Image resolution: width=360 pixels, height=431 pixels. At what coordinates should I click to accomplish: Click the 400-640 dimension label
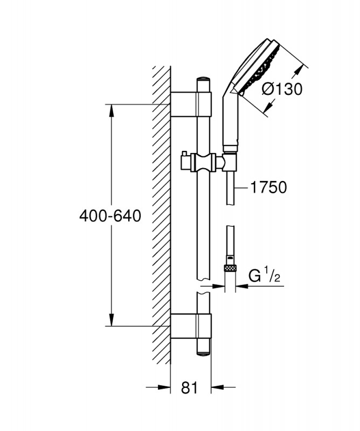[110, 216]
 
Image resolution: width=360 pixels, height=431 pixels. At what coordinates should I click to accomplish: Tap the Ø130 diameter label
[282, 89]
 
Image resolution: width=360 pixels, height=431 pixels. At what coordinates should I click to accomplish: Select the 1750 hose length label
[269, 187]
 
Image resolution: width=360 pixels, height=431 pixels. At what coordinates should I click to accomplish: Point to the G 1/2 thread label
[264, 276]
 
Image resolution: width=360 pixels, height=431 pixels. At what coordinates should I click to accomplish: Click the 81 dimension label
[190, 388]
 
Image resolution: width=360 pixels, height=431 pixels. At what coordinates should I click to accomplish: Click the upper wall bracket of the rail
[191, 104]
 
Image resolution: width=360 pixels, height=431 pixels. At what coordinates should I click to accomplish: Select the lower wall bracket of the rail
[191, 326]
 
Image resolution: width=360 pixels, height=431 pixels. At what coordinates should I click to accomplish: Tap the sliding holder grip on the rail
[204, 163]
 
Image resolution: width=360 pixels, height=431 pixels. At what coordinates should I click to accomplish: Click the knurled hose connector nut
[231, 268]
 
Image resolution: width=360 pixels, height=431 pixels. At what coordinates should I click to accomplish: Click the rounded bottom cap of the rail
[204, 353]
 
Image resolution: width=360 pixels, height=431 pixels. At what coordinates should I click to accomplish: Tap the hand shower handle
[231, 121]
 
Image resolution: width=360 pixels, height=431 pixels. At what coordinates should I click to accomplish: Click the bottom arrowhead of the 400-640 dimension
[112, 319]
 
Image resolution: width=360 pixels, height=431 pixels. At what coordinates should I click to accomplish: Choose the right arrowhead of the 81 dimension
[218, 387]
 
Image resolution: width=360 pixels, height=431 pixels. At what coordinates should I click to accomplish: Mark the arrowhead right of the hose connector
[243, 286]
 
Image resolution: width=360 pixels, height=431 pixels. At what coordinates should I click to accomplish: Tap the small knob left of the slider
[184, 155]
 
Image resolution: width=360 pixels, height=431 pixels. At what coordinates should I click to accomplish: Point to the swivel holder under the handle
[230, 162]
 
